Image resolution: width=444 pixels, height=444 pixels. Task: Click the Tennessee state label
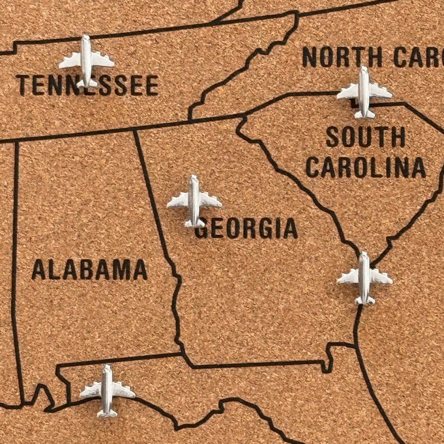87,85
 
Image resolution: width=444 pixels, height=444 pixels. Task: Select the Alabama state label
89,270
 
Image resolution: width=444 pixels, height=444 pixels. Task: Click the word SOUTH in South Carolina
365,137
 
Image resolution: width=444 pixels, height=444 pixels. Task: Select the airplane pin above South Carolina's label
364,92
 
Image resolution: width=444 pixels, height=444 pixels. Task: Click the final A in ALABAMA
140,270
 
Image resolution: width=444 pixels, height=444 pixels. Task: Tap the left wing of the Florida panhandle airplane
90,391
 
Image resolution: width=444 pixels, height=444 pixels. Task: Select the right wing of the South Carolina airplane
381,91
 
